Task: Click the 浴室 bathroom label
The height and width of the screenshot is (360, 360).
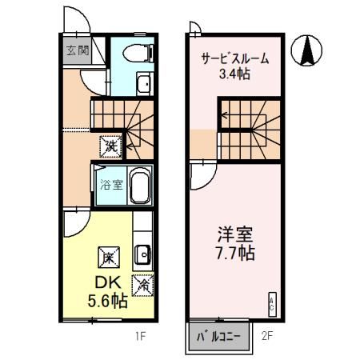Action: coord(110,186)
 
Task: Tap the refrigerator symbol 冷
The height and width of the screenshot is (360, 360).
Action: coord(144,282)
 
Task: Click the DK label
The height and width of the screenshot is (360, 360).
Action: coord(107,282)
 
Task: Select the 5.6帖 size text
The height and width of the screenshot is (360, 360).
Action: coord(107,302)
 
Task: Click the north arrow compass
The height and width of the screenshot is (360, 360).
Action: coord(306,52)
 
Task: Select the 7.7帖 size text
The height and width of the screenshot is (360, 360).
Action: coord(234,256)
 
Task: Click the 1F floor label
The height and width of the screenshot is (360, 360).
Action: coord(141,336)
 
